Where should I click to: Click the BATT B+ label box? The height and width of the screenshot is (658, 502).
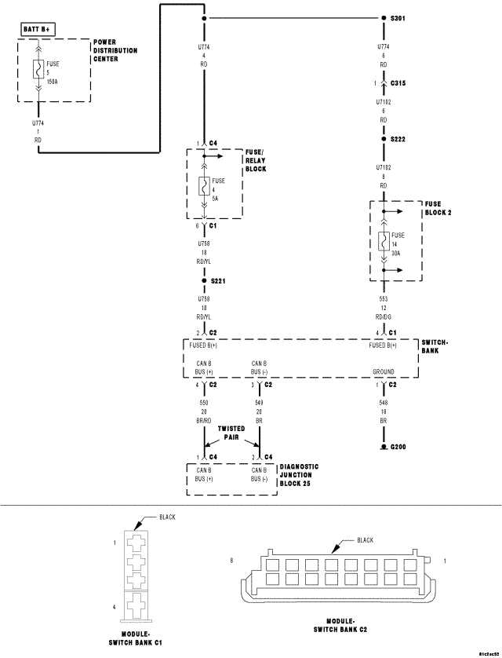tap(38, 30)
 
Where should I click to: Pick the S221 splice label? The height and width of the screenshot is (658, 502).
tap(218, 280)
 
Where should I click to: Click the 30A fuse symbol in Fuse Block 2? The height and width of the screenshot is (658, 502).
tap(382, 243)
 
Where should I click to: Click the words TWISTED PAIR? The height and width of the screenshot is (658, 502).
tap(231, 433)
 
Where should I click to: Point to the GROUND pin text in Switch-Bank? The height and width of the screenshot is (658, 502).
tap(383, 371)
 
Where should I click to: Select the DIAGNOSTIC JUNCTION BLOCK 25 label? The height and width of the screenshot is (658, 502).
tap(299, 475)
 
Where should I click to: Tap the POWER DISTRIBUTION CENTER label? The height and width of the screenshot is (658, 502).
tap(115, 50)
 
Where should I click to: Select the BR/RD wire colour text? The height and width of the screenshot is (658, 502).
tap(203, 421)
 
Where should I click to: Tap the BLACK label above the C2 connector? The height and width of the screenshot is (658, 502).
tap(366, 540)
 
